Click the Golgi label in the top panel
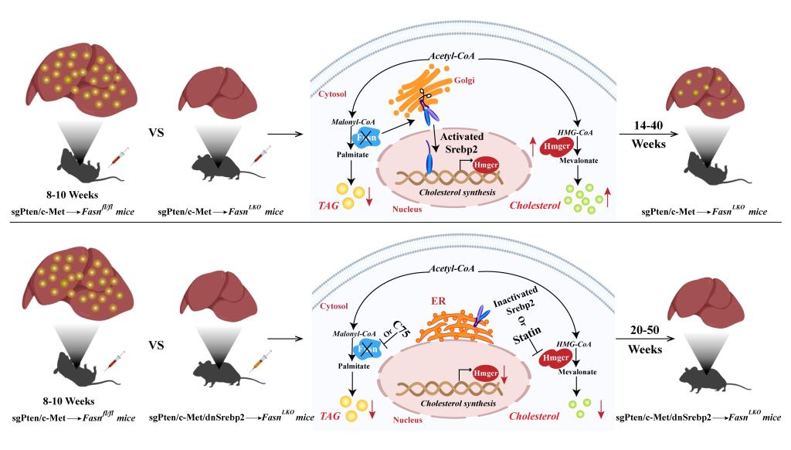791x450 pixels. tap(464, 80)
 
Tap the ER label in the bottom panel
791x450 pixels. tap(439, 301)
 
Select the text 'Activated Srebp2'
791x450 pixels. tap(462, 143)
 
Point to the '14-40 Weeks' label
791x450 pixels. tap(648, 135)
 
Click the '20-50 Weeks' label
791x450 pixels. tap(645, 339)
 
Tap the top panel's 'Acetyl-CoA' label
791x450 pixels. tap(451, 56)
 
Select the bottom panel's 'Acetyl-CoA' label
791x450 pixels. tap(452, 268)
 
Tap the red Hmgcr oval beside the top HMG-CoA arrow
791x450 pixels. tap(556, 146)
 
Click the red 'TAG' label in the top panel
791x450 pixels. tap(328, 206)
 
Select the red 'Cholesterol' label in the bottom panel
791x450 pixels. tap(535, 416)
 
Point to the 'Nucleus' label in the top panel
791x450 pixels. tap(407, 209)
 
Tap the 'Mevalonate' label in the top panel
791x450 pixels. tap(579, 161)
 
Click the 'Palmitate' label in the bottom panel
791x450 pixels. tap(354, 366)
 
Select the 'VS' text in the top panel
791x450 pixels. tap(156, 133)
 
